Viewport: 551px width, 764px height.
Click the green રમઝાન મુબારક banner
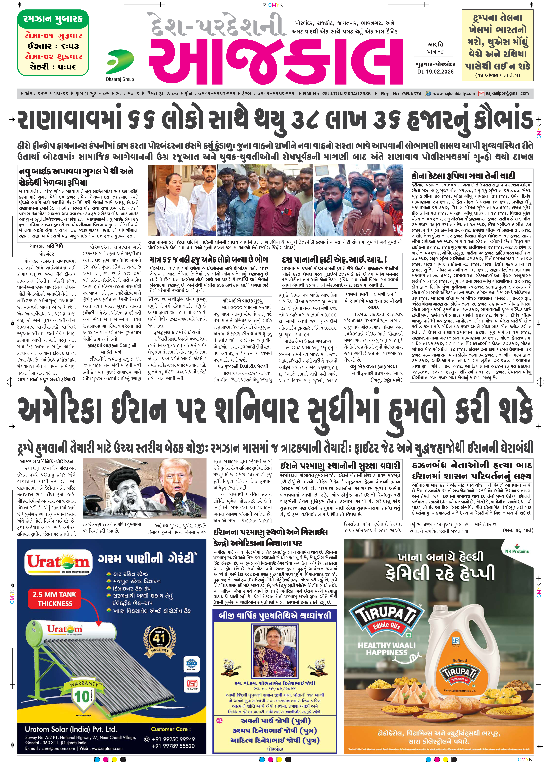click(53, 19)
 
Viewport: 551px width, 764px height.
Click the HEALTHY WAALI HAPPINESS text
click(386, 648)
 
